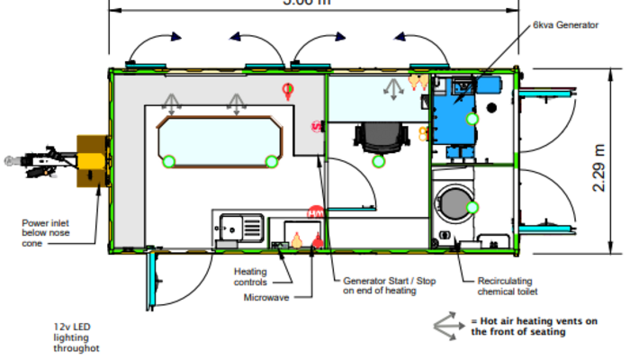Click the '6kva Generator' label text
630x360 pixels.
(x=565, y=25)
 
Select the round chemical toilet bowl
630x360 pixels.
(x=456, y=198)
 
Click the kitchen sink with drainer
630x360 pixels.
(x=238, y=227)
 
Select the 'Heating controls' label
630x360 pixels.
(x=251, y=276)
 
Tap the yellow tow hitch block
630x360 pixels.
(x=92, y=163)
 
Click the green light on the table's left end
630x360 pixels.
(x=168, y=162)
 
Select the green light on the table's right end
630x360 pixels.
(x=271, y=162)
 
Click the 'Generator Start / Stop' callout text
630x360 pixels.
(x=390, y=285)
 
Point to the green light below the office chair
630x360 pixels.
(x=379, y=161)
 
